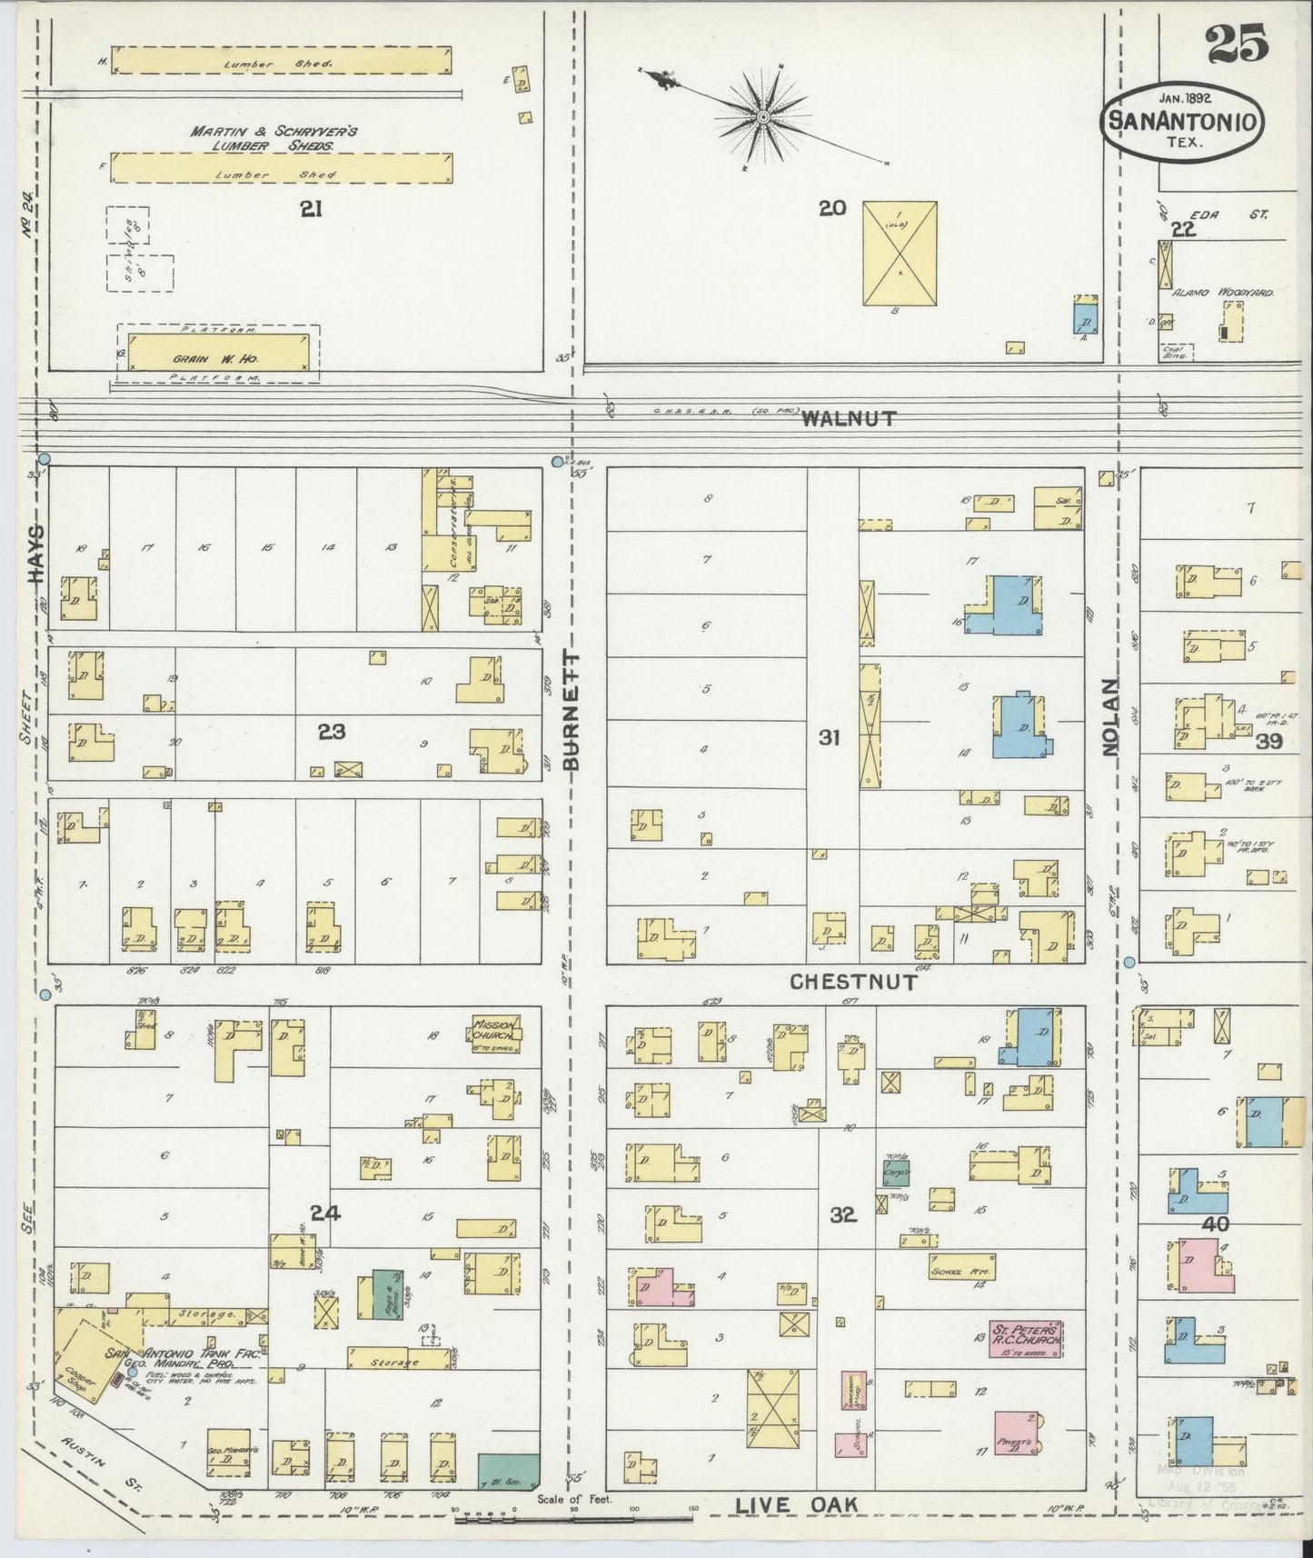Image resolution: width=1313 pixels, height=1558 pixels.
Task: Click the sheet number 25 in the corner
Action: tap(1237, 44)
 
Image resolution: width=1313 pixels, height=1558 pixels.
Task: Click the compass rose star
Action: tap(764, 117)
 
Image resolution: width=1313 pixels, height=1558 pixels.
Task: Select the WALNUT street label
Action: tap(849, 419)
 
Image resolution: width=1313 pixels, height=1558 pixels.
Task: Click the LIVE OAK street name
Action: tap(796, 1505)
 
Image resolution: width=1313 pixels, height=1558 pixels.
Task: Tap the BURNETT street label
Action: tap(571, 711)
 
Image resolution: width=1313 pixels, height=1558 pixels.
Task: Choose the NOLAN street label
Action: tap(1109, 716)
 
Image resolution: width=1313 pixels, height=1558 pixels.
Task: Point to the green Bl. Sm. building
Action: tap(508, 1471)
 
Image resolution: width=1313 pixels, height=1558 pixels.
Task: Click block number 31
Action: tap(828, 737)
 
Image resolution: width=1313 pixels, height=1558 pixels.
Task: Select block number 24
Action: tap(325, 1212)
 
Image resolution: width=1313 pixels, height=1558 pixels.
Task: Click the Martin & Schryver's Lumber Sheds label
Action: tap(274, 137)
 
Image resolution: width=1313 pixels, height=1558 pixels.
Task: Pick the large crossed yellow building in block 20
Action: tap(899, 253)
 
